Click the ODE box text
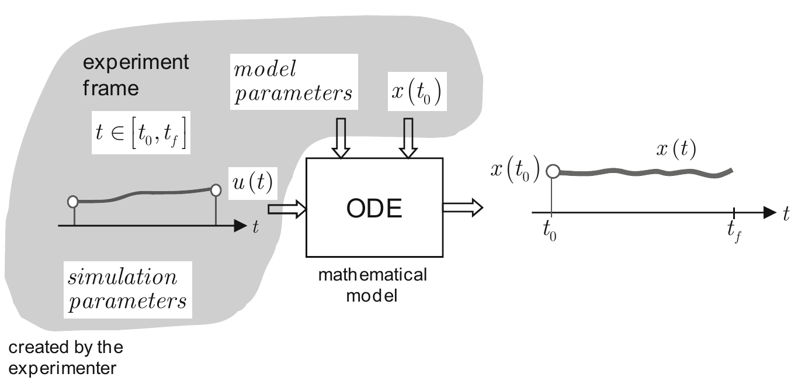click(374, 209)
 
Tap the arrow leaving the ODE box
click(462, 206)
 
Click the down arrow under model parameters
click(340, 137)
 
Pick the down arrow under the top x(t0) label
click(408, 137)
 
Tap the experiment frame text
click(136, 75)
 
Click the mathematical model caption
click(372, 285)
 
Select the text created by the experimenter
click(65, 358)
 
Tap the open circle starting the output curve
click(552, 171)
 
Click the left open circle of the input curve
click(73, 202)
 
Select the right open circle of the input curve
click(216, 190)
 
